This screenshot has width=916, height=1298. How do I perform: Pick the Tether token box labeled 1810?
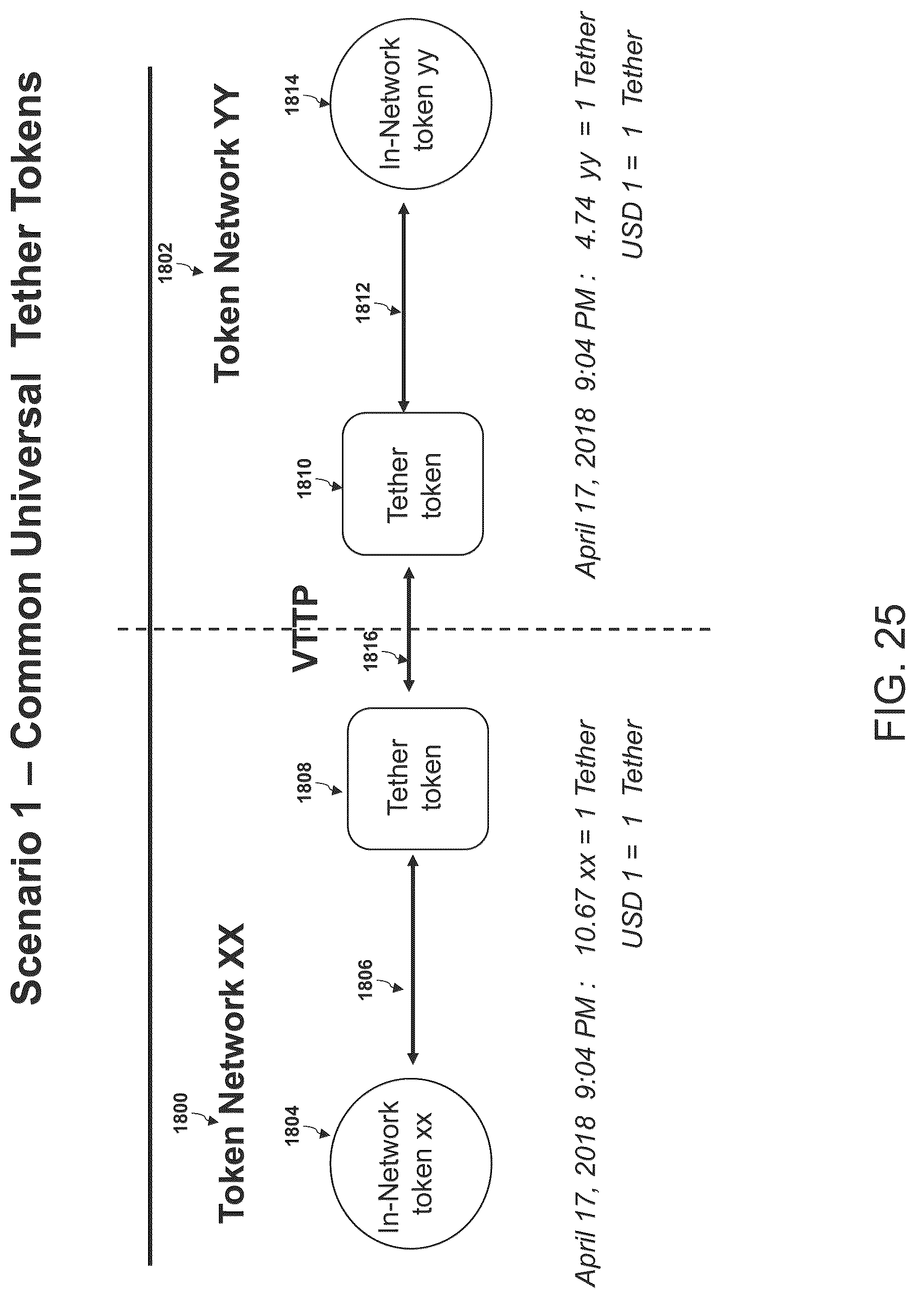coord(413,483)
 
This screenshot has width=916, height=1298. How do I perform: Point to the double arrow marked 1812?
coord(404,308)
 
